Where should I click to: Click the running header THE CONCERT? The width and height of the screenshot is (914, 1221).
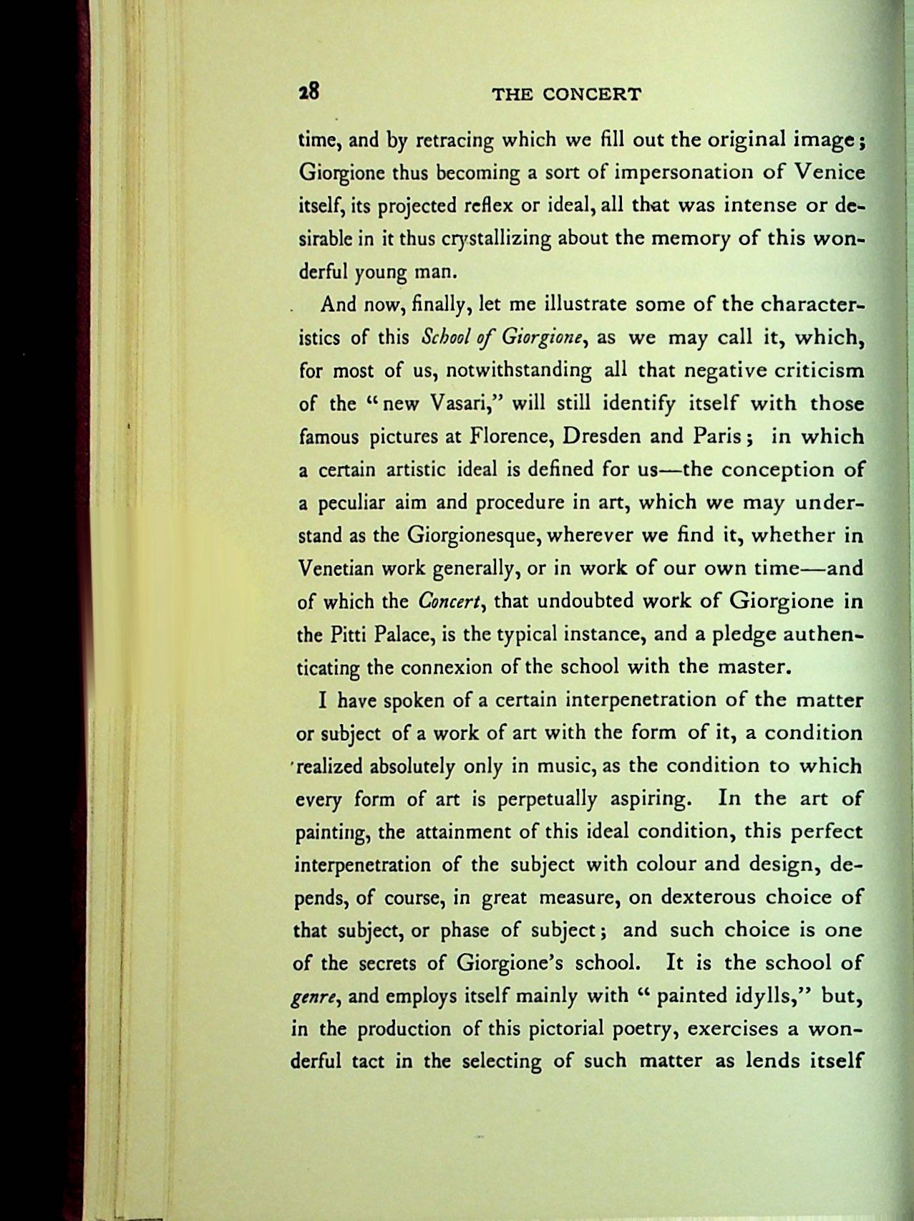pyautogui.click(x=568, y=95)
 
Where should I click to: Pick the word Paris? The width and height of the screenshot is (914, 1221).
pyautogui.click(x=720, y=436)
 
